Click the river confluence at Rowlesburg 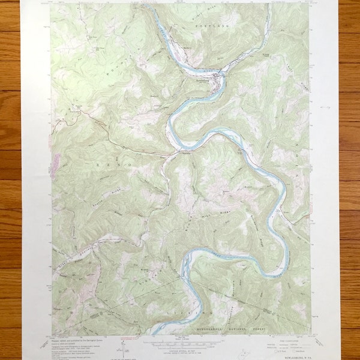(x=221, y=74)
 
